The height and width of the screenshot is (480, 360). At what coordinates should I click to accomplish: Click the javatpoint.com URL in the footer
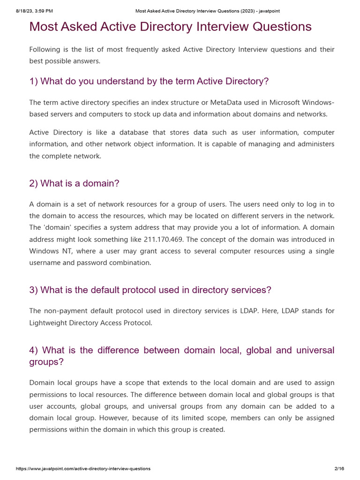point(83,469)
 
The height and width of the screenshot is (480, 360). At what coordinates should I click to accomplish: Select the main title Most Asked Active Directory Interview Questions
point(170,27)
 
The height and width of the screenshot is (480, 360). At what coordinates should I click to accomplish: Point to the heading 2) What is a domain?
point(74,183)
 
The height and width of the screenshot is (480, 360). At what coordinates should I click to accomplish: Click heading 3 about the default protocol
point(150,290)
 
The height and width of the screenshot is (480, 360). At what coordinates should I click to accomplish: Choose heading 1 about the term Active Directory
point(149,82)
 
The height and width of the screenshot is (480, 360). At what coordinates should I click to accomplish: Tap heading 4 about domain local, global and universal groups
point(182,356)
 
